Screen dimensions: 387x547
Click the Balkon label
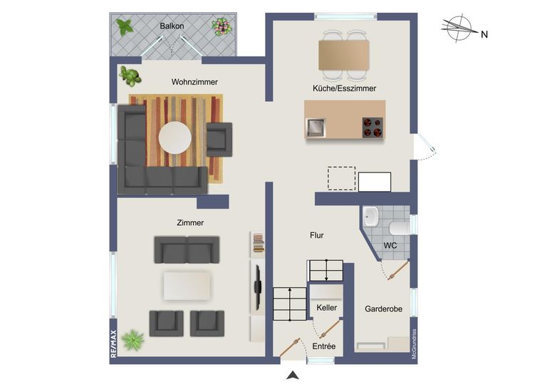click(172, 26)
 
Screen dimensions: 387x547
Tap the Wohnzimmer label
click(194, 82)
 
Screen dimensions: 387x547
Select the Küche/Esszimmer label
click(344, 88)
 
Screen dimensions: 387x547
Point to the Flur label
click(317, 234)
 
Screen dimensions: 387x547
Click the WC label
click(390, 245)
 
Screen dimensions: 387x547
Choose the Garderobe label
click(384, 309)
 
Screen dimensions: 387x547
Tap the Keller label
click(326, 307)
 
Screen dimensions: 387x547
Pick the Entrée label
click(324, 346)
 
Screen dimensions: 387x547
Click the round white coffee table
click(175, 138)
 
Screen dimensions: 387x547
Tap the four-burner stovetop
click(373, 127)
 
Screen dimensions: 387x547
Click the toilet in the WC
click(400, 227)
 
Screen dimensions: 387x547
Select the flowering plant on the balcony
click(221, 27)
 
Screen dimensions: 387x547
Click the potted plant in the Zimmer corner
click(132, 341)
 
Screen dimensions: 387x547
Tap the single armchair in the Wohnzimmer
click(219, 138)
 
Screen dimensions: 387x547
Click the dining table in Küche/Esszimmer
click(344, 54)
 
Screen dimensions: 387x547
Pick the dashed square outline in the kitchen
click(341, 178)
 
